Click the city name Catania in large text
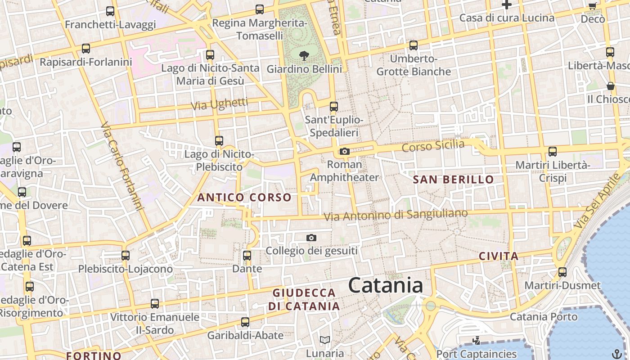pyautogui.click(x=386, y=286)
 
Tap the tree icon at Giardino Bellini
pyautogui.click(x=304, y=56)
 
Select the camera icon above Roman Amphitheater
pyautogui.click(x=345, y=151)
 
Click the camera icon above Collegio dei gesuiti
pyautogui.click(x=311, y=238)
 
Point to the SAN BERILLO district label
pyautogui.click(x=453, y=180)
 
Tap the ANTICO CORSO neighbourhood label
pyautogui.click(x=244, y=197)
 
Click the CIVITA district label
pyautogui.click(x=499, y=256)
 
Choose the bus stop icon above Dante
pyautogui.click(x=247, y=256)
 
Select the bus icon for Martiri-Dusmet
pyautogui.click(x=562, y=272)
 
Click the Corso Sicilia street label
pyautogui.click(x=432, y=146)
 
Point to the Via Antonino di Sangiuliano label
pyautogui.click(x=396, y=215)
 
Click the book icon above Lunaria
pyautogui.click(x=325, y=340)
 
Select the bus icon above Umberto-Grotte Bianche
pyautogui.click(x=414, y=45)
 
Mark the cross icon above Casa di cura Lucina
pyautogui.click(x=507, y=5)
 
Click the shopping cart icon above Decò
pyautogui.click(x=593, y=6)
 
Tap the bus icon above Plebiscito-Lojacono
pyautogui.click(x=126, y=256)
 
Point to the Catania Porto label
pyautogui.click(x=543, y=317)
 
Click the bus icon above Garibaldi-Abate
pyautogui.click(x=245, y=322)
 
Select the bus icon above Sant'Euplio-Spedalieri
pyautogui.click(x=334, y=107)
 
